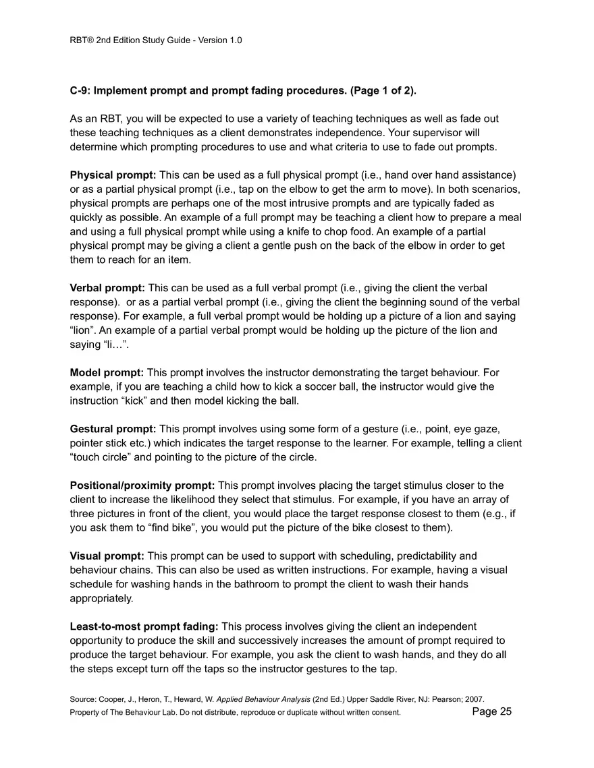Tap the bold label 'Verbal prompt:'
(x=107, y=288)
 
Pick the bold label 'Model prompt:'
(x=107, y=372)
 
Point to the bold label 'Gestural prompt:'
(x=113, y=429)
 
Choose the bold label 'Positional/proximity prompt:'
(x=142, y=485)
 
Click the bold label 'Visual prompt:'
(x=107, y=556)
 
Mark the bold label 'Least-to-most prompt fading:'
(x=144, y=627)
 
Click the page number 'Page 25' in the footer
(x=491, y=711)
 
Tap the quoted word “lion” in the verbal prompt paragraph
(x=84, y=330)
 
